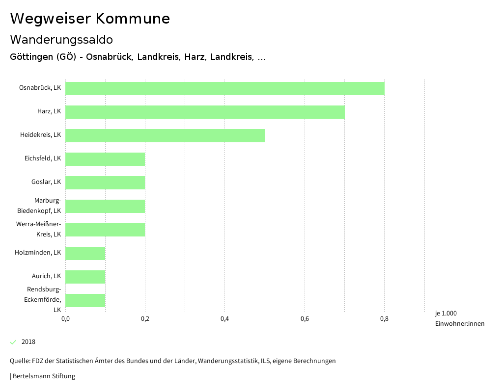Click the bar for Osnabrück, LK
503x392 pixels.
pyautogui.click(x=224, y=88)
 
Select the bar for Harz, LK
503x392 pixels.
pyautogui.click(x=205, y=112)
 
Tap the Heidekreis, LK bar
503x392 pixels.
pyautogui.click(x=165, y=135)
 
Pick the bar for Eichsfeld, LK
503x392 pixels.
pyautogui.click(x=105, y=159)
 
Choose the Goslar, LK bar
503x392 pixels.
pyautogui.click(x=105, y=183)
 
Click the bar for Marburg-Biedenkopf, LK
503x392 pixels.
pyautogui.click(x=105, y=206)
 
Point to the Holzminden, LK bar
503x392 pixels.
pyautogui.click(x=85, y=253)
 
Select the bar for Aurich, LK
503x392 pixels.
pyautogui.click(x=85, y=277)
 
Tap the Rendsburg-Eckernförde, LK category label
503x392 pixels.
pyautogui.click(x=43, y=299)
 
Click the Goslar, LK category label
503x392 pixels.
pyautogui.click(x=46, y=182)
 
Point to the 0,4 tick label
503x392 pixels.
pyautogui.click(x=224, y=319)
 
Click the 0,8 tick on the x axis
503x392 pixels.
pyautogui.click(x=384, y=319)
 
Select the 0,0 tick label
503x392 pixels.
pyautogui.click(x=65, y=319)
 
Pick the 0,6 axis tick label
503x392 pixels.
pyautogui.click(x=305, y=319)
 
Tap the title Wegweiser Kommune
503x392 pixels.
pyautogui.click(x=90, y=19)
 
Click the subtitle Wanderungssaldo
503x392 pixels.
pyautogui.click(x=61, y=39)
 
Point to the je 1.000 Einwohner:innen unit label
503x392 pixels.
pyautogui.click(x=459, y=318)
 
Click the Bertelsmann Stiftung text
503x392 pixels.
pyautogui.click(x=43, y=376)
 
